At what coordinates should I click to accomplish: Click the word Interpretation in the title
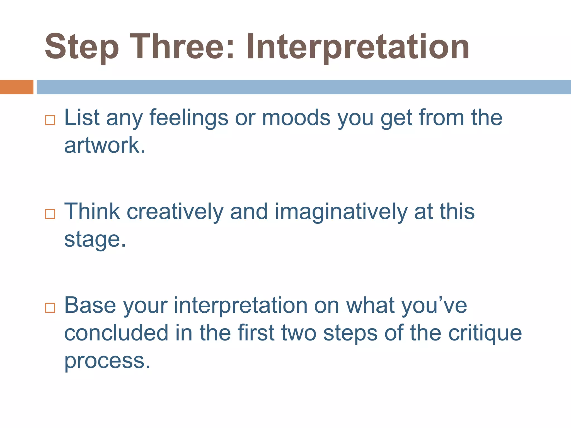coord(358,47)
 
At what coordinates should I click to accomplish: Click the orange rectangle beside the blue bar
coord(16,87)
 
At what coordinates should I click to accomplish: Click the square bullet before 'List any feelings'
coord(50,120)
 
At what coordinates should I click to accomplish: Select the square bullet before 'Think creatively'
coord(50,214)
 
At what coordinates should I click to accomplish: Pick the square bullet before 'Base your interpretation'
coord(50,308)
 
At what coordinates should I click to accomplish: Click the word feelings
coord(189,118)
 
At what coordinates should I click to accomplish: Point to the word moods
coord(296,118)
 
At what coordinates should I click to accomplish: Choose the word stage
coord(95,240)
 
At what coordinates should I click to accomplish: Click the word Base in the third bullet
coord(90,305)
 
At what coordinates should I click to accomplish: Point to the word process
coord(107,361)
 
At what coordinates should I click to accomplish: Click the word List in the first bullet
coord(82,118)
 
